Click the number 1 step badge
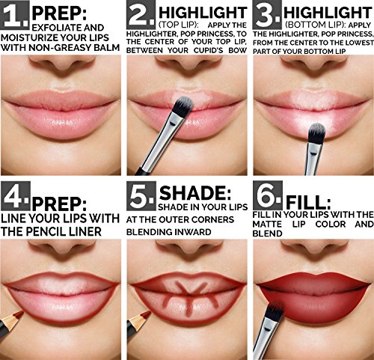[15, 14]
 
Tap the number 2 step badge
[141, 14]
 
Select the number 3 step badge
[267, 14]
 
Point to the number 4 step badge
[15, 195]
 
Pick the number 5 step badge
[141, 195]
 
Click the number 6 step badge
[268, 195]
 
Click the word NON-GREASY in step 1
[60, 47]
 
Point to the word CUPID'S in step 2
[208, 50]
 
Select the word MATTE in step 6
[267, 224]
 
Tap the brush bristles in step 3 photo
[317, 132]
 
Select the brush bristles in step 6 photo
[275, 311]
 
